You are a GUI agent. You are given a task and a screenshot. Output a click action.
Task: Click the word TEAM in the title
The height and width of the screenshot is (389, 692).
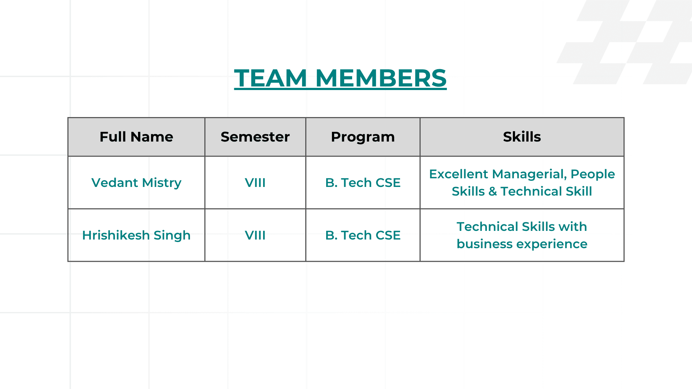tap(270, 78)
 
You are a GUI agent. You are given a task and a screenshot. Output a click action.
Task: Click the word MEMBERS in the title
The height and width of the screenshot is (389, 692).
tap(381, 78)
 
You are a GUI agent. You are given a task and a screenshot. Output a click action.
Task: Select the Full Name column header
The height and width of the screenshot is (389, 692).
tap(136, 137)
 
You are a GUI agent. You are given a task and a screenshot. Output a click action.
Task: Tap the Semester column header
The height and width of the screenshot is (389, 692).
tap(255, 137)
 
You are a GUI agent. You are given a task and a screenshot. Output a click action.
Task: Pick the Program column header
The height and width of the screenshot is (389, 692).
tap(363, 137)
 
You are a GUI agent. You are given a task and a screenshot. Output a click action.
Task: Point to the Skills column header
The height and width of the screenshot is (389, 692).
tap(522, 137)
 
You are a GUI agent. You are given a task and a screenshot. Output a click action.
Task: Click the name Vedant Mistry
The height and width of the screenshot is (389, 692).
tap(136, 183)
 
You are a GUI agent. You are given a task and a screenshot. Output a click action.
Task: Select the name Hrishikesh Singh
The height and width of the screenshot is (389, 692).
tap(136, 235)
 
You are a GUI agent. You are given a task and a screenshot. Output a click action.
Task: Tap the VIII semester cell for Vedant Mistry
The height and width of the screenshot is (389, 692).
tap(255, 183)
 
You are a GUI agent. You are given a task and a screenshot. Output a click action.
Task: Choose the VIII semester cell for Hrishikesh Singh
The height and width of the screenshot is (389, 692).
tap(255, 235)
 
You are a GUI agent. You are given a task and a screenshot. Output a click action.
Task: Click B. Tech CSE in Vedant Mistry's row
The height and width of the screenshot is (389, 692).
tap(363, 183)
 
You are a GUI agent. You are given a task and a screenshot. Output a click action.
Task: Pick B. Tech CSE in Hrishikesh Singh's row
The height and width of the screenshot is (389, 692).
tap(363, 235)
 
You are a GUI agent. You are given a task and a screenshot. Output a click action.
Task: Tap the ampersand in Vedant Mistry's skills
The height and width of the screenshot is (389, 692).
tap(493, 191)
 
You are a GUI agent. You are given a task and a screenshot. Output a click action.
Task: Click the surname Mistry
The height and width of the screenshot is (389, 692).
tap(161, 183)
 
